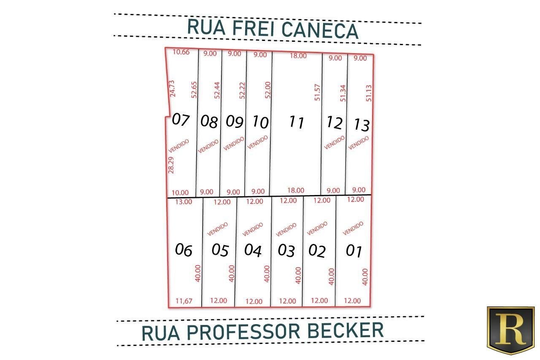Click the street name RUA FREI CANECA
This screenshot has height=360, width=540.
tap(273, 29)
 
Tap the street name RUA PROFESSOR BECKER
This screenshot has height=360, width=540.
tap(262, 332)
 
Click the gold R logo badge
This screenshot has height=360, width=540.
tap(510, 330)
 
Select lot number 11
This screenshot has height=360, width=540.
tap(296, 122)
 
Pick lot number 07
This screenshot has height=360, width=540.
tap(181, 119)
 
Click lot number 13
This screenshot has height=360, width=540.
tap(362, 125)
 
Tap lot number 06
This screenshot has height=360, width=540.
tap(184, 250)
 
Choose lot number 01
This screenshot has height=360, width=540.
tap(354, 251)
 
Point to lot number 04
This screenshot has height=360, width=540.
tap(253, 250)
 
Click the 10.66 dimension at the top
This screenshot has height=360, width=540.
tap(181, 52)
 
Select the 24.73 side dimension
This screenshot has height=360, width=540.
tap(173, 89)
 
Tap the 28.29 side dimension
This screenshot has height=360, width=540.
tap(171, 165)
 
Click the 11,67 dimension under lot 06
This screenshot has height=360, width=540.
tap(184, 301)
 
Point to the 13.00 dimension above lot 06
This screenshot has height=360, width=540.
tap(184, 202)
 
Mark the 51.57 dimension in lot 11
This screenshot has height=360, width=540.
tap(318, 92)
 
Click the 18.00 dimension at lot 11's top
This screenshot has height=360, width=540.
tap(298, 56)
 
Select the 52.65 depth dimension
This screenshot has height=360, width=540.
tap(194, 90)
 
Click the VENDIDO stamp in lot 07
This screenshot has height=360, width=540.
tap(178, 146)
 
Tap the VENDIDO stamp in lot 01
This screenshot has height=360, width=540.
tap(353, 228)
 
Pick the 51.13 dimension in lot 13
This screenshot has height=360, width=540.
tap(369, 93)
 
